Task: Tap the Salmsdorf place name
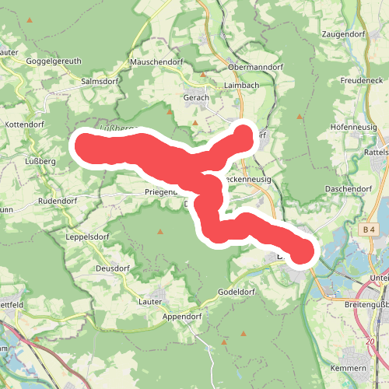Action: point(99,81)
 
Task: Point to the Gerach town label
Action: point(196,98)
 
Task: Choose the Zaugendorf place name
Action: point(344,35)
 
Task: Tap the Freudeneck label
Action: point(363,80)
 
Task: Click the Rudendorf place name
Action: point(58,202)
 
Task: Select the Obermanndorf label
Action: point(255,68)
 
